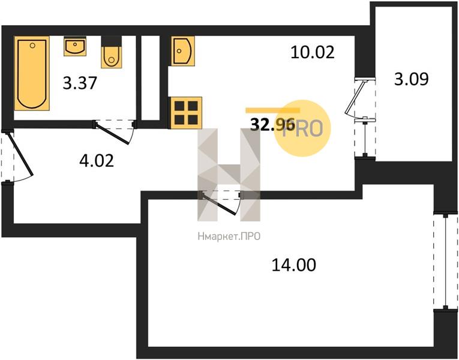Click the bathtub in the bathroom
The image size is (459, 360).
coord(32,73)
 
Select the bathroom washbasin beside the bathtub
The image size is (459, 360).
coord(75,47)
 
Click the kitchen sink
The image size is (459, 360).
coord(182,51)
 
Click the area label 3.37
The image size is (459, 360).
coord(80,83)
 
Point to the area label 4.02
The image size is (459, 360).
coord(97,161)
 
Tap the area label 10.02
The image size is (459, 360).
coord(313,52)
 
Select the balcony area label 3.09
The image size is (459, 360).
coord(411,79)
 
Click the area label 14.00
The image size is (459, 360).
coord(294,265)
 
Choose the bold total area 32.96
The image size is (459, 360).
coord(272,125)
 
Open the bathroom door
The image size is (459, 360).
coord(114,132)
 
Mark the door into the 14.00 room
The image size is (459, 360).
coord(221,203)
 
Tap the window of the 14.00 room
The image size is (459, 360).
coord(445,262)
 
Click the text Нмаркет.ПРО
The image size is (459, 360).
coord(229,236)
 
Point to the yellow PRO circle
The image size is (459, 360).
coord(302,128)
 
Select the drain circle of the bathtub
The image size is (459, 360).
coord(32,46)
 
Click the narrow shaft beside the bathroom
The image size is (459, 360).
coord(151,78)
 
